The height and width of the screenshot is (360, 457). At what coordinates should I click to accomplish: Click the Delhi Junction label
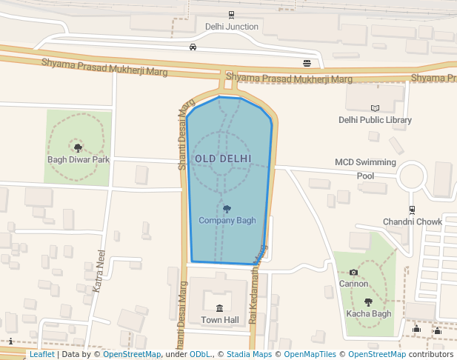click(x=232, y=27)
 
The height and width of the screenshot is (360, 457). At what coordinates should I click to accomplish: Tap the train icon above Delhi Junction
click(x=232, y=14)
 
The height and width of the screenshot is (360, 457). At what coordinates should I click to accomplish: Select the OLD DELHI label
click(x=223, y=159)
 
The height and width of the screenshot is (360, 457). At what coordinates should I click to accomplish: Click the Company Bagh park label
click(x=227, y=220)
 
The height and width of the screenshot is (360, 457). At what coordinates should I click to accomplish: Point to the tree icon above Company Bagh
click(x=227, y=209)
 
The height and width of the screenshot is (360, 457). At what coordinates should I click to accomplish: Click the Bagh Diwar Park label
click(x=79, y=159)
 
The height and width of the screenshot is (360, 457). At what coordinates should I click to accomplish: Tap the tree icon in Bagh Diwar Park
click(x=79, y=148)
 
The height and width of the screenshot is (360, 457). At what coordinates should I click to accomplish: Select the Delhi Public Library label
click(x=375, y=120)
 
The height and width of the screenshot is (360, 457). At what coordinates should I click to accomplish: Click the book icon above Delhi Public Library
click(x=375, y=108)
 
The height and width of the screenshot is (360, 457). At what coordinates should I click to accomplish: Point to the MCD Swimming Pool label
click(x=366, y=169)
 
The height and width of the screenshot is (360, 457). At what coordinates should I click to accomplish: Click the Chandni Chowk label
click(x=412, y=221)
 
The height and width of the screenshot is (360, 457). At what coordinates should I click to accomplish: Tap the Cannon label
click(x=353, y=284)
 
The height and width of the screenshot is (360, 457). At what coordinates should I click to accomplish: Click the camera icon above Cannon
click(x=353, y=273)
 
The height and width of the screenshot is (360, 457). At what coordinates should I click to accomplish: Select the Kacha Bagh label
click(x=368, y=313)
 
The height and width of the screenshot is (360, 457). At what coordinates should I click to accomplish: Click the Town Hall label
click(x=220, y=320)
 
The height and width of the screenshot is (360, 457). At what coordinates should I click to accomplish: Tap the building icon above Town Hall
click(x=219, y=308)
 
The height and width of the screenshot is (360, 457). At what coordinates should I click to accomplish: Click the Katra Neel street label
click(x=99, y=271)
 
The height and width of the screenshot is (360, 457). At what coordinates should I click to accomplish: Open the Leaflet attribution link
click(x=42, y=355)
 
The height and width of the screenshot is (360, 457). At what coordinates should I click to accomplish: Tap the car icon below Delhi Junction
click(x=193, y=47)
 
